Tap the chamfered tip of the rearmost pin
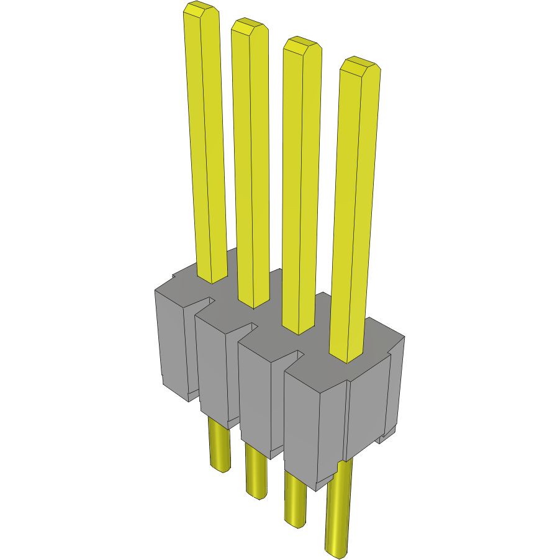[x=201, y=10]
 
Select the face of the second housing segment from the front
[x=255, y=397]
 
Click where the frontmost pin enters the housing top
[x=345, y=359]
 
